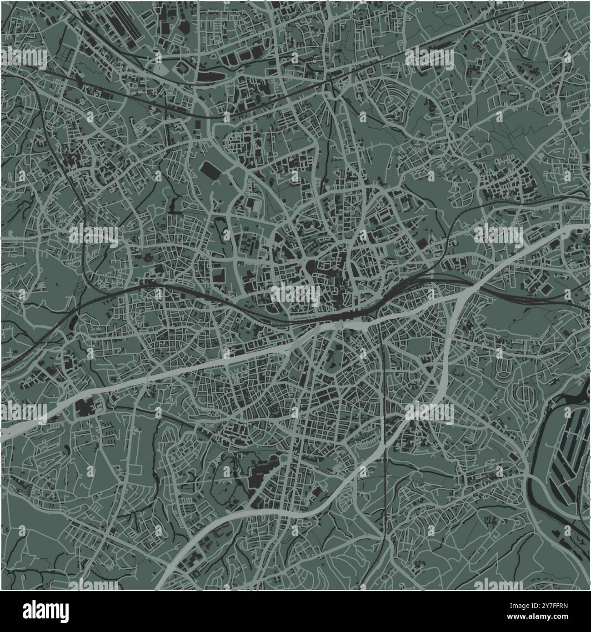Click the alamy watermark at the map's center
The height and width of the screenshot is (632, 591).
pyautogui.click(x=295, y=293)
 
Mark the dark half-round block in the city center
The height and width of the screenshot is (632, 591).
pyautogui.click(x=312, y=268)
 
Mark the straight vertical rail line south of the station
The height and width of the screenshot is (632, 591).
pyautogui.click(x=385, y=409)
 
